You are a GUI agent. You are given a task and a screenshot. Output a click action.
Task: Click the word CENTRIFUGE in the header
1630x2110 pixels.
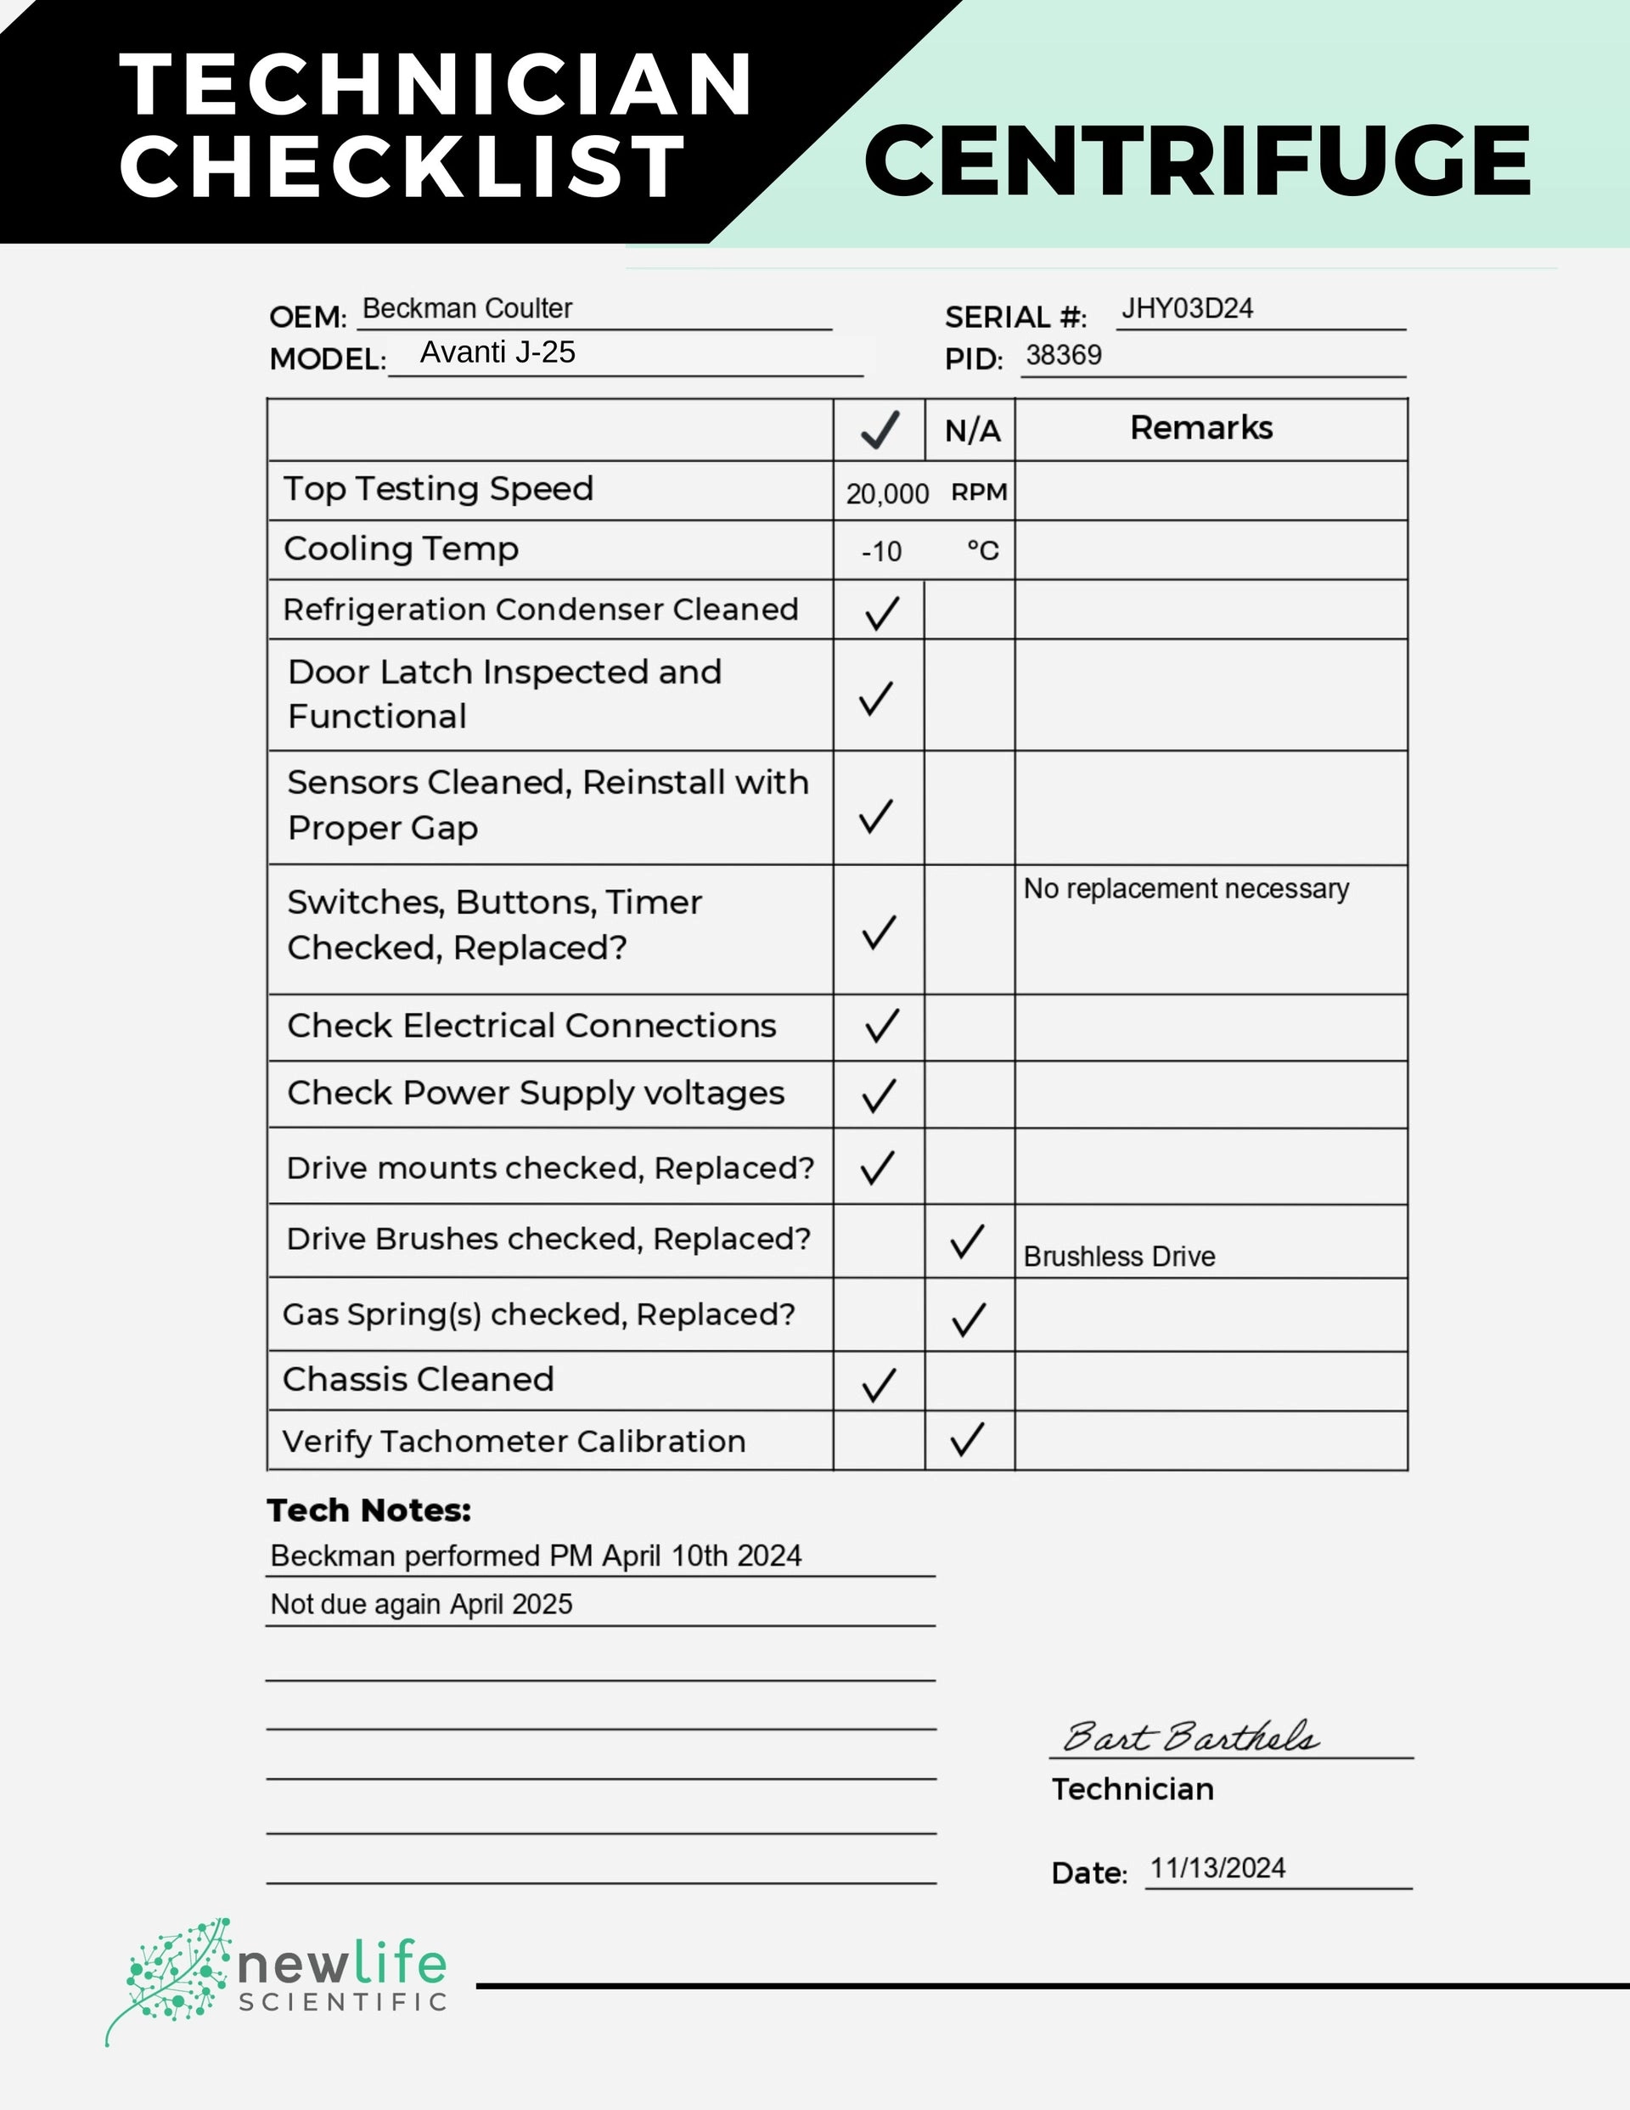pyautogui.click(x=1196, y=160)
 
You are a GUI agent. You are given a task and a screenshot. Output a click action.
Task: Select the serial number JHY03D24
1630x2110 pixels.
pyautogui.click(x=1187, y=309)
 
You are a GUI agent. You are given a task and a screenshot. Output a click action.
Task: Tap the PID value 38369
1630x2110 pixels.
pyautogui.click(x=1063, y=356)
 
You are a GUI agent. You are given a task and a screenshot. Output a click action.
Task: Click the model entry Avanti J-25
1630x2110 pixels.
pyautogui.click(x=497, y=352)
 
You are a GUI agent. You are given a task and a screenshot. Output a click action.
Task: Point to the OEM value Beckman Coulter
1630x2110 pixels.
pyautogui.click(x=467, y=309)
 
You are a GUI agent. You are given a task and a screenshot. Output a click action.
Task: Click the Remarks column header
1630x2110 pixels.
pyautogui.click(x=1201, y=428)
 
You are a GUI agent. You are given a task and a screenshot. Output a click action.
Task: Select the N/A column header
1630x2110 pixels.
pyautogui.click(x=971, y=430)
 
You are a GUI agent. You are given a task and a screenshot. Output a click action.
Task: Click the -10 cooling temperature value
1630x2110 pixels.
pyautogui.click(x=881, y=552)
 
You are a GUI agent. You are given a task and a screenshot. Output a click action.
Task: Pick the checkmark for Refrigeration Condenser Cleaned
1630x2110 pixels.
pyautogui.click(x=881, y=612)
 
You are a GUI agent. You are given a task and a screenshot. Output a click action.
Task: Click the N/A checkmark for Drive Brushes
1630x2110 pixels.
pyautogui.click(x=967, y=1241)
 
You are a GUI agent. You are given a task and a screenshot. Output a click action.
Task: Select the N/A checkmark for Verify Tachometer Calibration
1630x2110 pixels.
pyautogui.click(x=967, y=1438)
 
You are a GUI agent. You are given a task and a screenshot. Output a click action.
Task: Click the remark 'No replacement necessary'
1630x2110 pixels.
pyautogui.click(x=1185, y=889)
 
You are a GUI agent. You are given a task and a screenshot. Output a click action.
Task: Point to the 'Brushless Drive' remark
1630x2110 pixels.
pyautogui.click(x=1119, y=1257)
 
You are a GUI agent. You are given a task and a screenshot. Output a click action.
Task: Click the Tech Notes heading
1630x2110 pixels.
pyautogui.click(x=369, y=1510)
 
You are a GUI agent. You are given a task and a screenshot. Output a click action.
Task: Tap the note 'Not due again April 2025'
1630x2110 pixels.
pyautogui.click(x=421, y=1605)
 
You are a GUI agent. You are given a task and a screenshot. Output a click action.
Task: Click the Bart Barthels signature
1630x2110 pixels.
pyautogui.click(x=1189, y=1737)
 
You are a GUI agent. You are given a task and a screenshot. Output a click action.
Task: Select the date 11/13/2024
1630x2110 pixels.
pyautogui.click(x=1217, y=1869)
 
